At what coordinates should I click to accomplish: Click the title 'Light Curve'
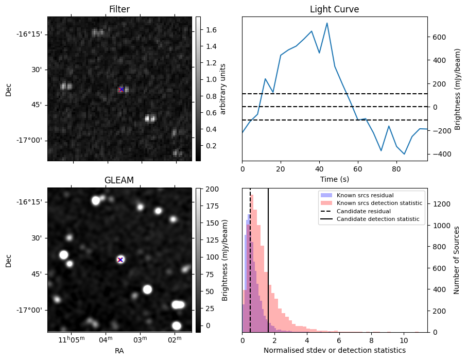[x=334, y=9]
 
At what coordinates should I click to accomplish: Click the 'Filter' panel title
[x=119, y=9]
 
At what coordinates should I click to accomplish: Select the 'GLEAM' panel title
[x=119, y=180]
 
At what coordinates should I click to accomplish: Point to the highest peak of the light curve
[x=327, y=23]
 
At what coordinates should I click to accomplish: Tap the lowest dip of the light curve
[x=404, y=154]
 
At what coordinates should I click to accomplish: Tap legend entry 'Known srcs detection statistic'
[x=379, y=203]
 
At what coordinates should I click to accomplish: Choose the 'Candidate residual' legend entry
[x=364, y=212]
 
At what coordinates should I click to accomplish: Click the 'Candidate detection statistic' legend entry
[x=377, y=220]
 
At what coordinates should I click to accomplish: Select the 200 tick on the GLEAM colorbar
[x=211, y=189]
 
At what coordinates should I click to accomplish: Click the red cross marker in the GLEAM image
[x=120, y=260]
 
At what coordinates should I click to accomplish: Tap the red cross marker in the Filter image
[x=122, y=89]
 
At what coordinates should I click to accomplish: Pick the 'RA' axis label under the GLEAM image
[x=119, y=351]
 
